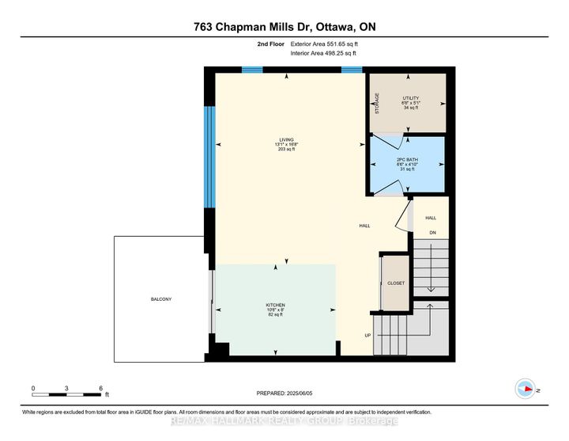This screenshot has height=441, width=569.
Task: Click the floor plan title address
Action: [284, 26]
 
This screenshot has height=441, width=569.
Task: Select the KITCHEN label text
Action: [275, 305]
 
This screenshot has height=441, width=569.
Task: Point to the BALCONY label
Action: [161, 298]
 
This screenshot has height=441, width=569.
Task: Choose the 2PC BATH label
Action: [406, 160]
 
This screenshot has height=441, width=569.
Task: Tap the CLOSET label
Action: [396, 283]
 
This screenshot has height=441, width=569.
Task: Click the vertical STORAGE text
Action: [377, 104]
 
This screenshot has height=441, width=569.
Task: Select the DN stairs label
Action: [432, 233]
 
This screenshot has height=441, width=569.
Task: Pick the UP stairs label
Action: [367, 336]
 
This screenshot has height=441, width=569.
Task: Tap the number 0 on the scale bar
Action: [33, 388]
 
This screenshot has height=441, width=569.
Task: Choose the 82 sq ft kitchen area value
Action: [275, 314]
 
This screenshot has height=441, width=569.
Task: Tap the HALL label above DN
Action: [431, 218]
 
